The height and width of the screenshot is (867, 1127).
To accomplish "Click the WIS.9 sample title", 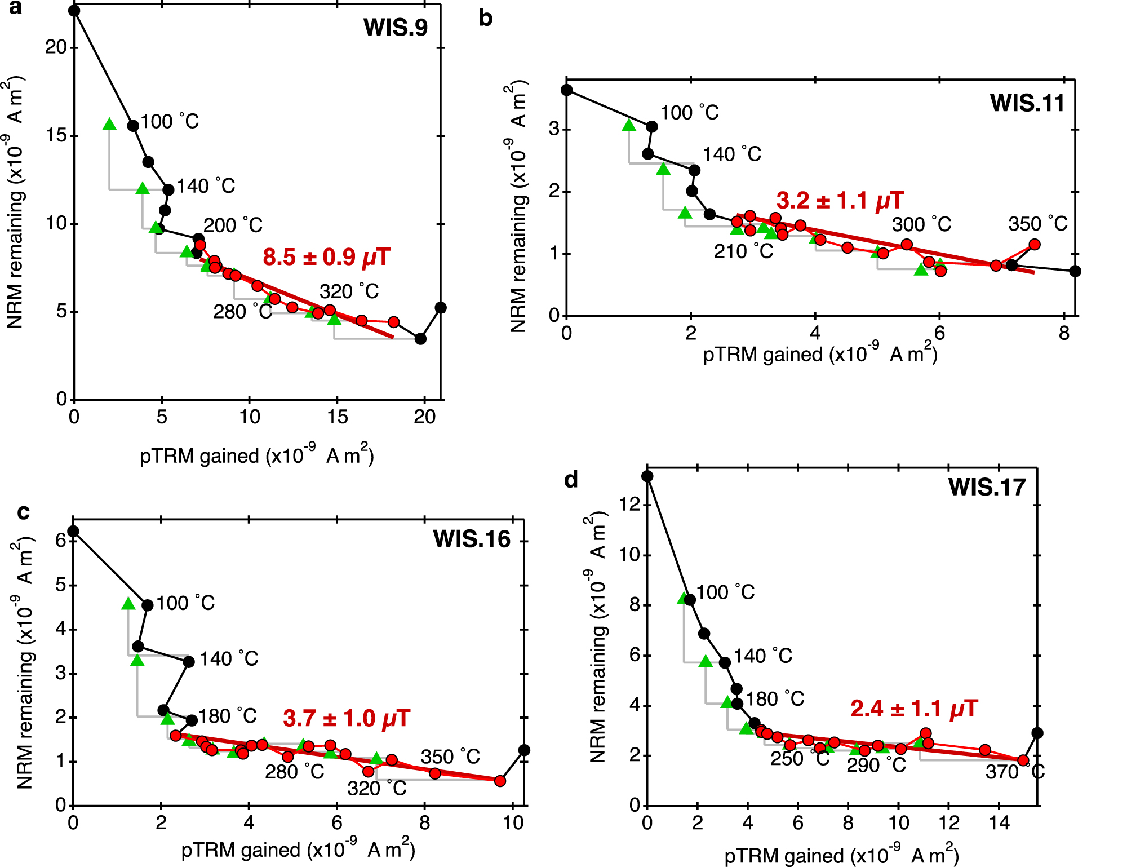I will pyautogui.click(x=396, y=28).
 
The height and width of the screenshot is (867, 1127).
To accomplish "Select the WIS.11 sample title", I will pyautogui.click(x=1027, y=103).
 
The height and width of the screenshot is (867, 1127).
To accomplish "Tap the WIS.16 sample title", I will pyautogui.click(x=472, y=539).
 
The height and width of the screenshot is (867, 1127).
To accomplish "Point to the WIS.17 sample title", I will pyautogui.click(x=987, y=487).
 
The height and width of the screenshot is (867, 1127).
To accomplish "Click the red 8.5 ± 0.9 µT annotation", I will pyautogui.click(x=326, y=257).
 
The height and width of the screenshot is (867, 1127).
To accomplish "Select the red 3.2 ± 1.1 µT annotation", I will pyautogui.click(x=840, y=200).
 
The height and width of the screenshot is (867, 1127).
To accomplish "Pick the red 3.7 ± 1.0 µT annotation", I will pyautogui.click(x=347, y=718).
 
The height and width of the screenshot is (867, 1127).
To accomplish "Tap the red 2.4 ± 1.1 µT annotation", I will pyautogui.click(x=914, y=709).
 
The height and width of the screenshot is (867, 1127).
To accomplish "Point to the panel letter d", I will pyautogui.click(x=571, y=480).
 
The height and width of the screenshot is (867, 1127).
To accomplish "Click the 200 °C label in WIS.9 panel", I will pyautogui.click(x=233, y=225).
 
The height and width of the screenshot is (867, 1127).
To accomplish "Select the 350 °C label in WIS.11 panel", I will pyautogui.click(x=1037, y=224).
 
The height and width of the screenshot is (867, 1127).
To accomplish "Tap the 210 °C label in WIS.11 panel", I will pyautogui.click(x=743, y=251).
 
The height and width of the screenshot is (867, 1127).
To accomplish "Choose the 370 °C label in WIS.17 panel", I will pyautogui.click(x=1015, y=771).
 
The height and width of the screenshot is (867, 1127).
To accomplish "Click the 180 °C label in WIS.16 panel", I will pyautogui.click(x=228, y=716).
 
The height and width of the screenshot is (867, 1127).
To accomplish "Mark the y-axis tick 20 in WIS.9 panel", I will pyautogui.click(x=56, y=47).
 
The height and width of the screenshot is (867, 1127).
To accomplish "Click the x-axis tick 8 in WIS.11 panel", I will pyautogui.click(x=1063, y=333).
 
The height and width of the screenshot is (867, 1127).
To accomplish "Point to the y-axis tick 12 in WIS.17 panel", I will pyautogui.click(x=630, y=504).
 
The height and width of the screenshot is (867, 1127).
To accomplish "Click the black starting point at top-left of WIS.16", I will pyautogui.click(x=73, y=532).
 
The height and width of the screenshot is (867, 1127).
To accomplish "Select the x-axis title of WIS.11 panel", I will pyautogui.click(x=820, y=354).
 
